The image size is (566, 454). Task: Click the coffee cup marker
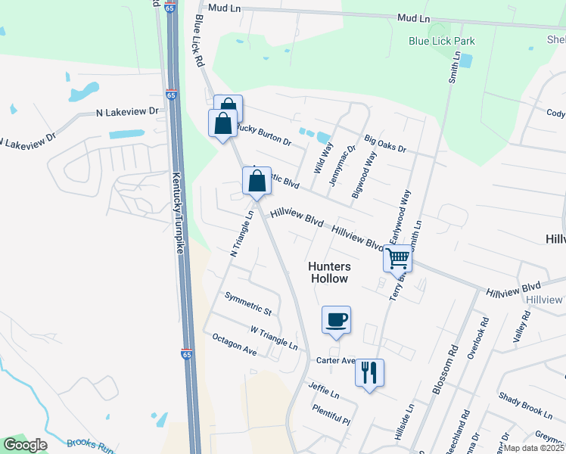(x=336, y=319)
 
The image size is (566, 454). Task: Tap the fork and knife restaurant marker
(x=369, y=372)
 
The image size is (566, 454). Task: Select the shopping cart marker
(x=397, y=258)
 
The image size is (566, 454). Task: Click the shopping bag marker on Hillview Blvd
(x=257, y=182)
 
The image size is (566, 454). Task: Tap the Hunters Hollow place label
(x=329, y=272)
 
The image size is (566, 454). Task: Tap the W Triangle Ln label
(x=274, y=338)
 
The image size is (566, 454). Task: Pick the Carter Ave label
(x=336, y=361)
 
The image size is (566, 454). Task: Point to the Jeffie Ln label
(x=323, y=390)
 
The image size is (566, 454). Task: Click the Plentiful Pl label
(x=331, y=415)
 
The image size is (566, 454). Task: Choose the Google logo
(x=25, y=445)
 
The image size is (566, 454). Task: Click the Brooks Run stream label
(x=89, y=446)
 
